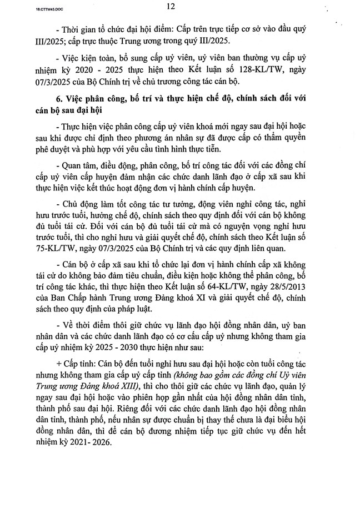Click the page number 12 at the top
coord(171,7)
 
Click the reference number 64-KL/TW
coord(220,289)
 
